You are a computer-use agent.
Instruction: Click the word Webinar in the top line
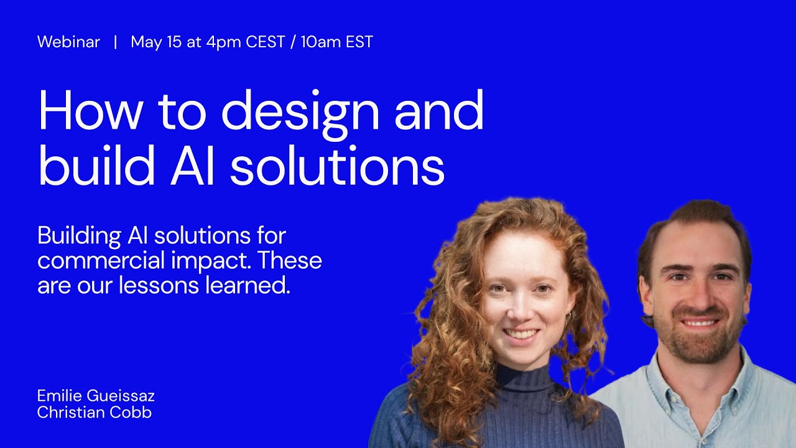[68, 42]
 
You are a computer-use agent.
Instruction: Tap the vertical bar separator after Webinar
[115, 42]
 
